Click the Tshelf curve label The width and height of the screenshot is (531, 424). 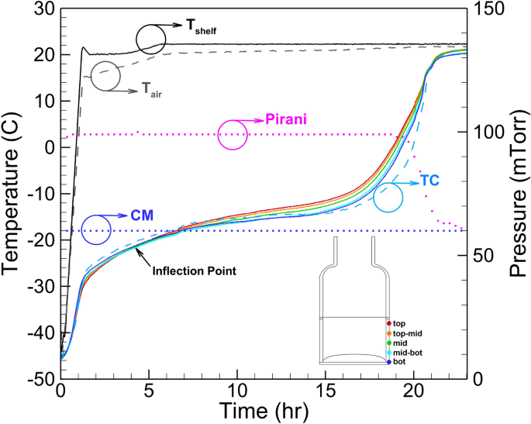pyautogui.click(x=200, y=28)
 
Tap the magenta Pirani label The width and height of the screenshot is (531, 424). pyautogui.click(x=286, y=119)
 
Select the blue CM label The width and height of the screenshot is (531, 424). pyautogui.click(x=140, y=215)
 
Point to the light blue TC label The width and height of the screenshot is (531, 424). pyautogui.click(x=430, y=179)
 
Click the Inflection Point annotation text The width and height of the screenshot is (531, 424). pyautogui.click(x=193, y=271)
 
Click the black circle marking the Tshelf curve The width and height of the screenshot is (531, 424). pyautogui.click(x=151, y=38)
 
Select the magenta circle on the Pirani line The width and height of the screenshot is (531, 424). pyautogui.click(x=233, y=134)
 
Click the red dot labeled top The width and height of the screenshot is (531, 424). pyautogui.click(x=388, y=322)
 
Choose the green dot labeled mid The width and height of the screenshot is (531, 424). pyautogui.click(x=388, y=342)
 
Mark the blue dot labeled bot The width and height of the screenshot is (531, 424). pyautogui.click(x=388, y=362)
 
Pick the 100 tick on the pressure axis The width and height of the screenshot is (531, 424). pyautogui.click(x=484, y=133)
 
